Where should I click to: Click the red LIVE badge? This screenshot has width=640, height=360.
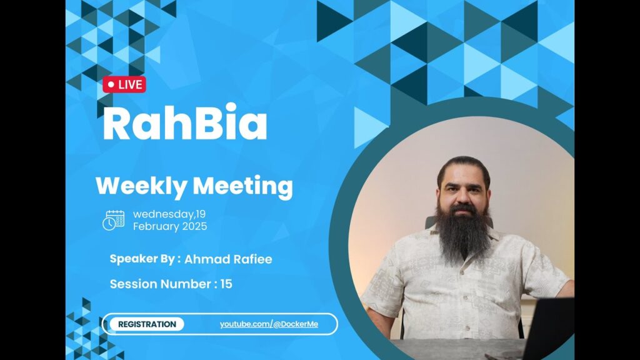[x=124, y=84]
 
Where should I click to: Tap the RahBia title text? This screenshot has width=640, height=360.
[x=185, y=122]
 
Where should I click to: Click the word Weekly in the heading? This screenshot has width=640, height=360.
[x=141, y=186]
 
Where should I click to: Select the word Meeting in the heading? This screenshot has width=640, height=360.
[x=243, y=186]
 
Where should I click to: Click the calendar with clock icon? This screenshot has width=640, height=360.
[x=114, y=221]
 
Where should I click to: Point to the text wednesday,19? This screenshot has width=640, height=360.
[x=169, y=214]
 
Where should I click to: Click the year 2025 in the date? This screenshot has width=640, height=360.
[x=195, y=226]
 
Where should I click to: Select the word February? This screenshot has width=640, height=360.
[x=156, y=226]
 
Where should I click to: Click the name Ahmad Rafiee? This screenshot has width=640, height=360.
[x=228, y=259]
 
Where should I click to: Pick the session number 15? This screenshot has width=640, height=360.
[x=226, y=284]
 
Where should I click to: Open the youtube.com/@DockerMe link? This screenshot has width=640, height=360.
[x=269, y=324]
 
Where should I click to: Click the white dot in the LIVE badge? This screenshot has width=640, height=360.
[x=111, y=84]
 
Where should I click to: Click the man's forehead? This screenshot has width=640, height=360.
[x=463, y=173]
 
